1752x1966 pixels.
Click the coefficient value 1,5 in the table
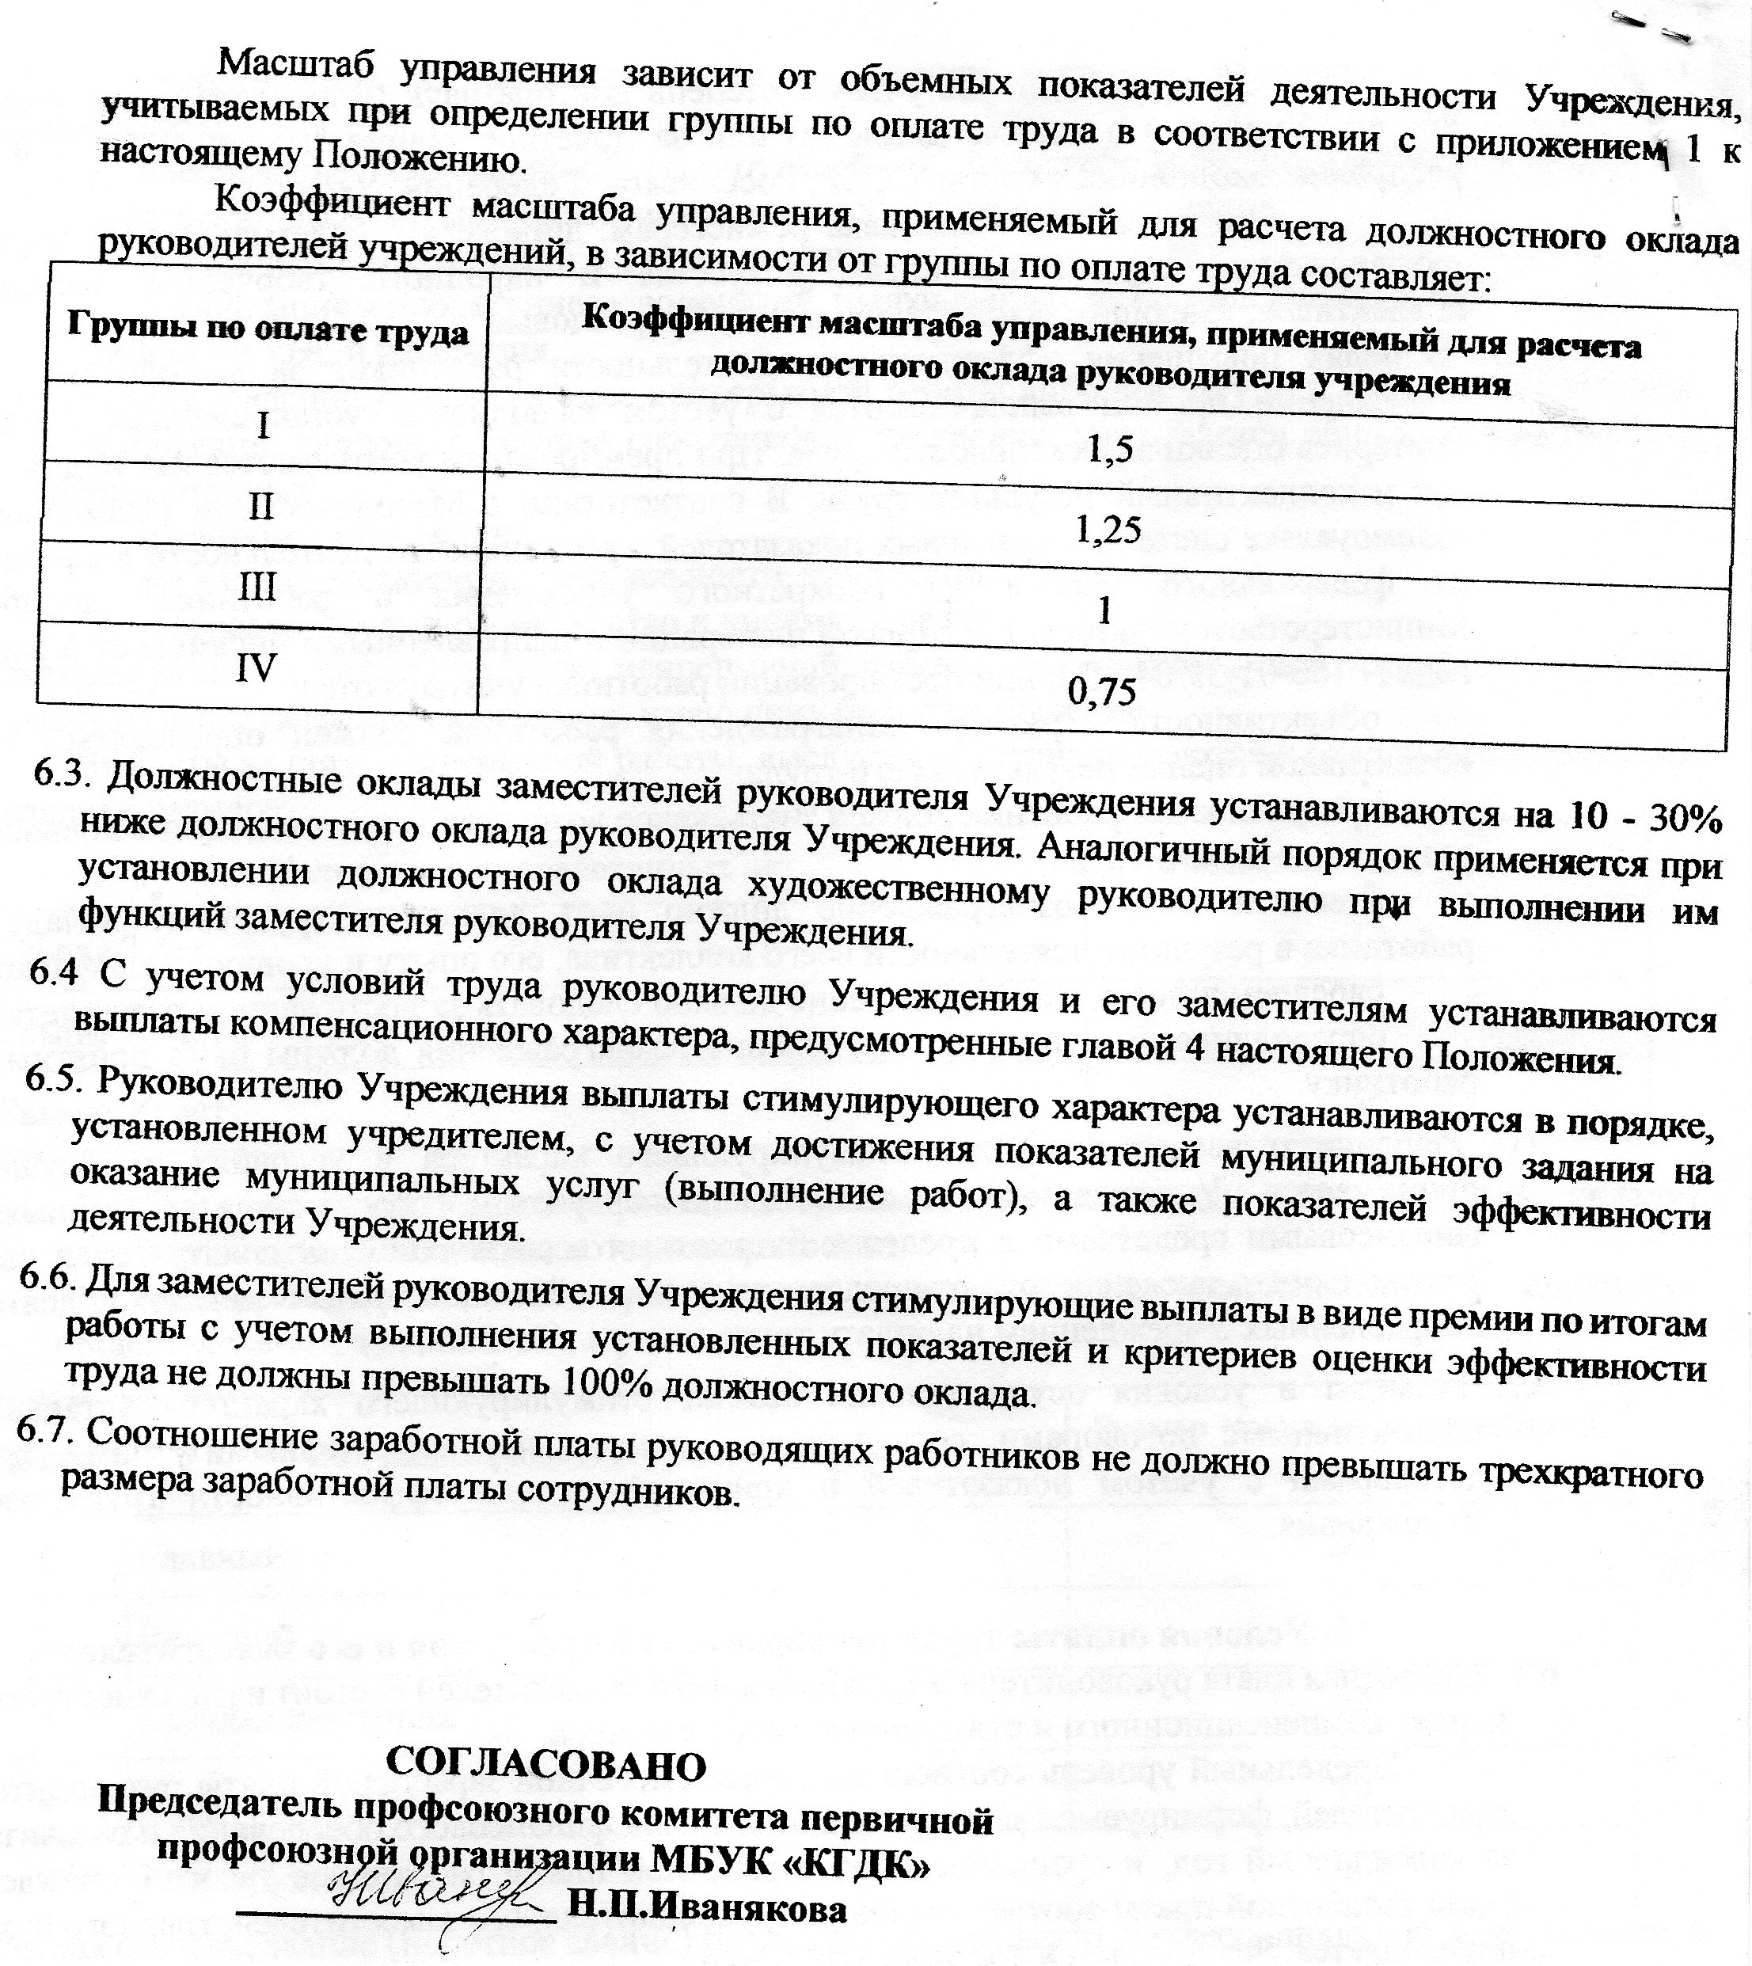click(x=1110, y=449)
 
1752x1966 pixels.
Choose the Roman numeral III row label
click(x=257, y=587)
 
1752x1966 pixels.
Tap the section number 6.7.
click(x=45, y=1431)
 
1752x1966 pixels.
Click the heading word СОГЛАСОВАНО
click(x=545, y=1762)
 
